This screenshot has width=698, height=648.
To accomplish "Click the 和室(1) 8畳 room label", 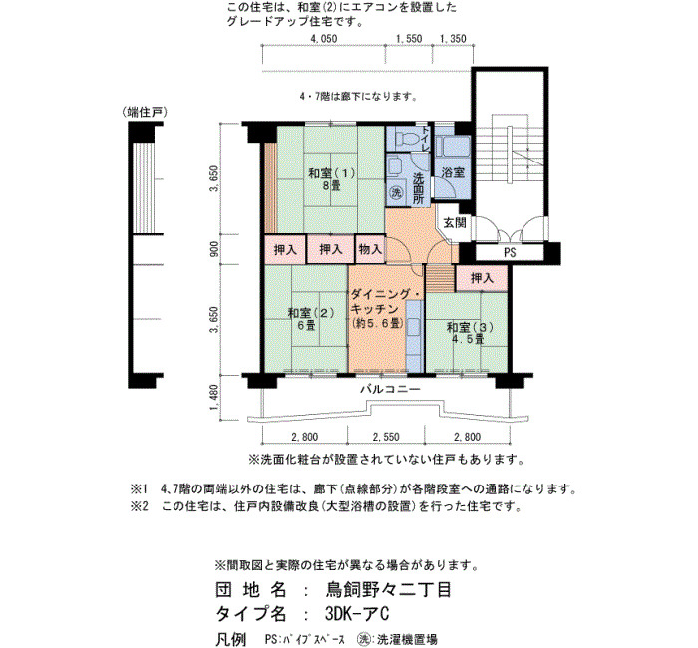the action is (x=332, y=179).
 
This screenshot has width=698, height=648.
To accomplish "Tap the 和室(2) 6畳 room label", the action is (x=311, y=319).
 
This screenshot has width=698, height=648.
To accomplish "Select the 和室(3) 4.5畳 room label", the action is (x=470, y=333).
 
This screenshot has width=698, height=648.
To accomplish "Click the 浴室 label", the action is (x=453, y=172).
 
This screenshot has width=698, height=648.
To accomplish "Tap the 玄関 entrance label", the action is (x=455, y=222).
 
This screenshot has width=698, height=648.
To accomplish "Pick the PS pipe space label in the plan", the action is (x=510, y=253).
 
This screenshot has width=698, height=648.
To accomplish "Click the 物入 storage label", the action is (x=370, y=249).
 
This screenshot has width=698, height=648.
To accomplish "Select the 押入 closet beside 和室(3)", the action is (x=482, y=278).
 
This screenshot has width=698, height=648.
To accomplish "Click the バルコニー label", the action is (x=390, y=390).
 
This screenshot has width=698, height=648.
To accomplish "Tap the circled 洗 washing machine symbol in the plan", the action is (x=396, y=192).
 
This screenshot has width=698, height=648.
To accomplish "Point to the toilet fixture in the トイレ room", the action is (x=404, y=138).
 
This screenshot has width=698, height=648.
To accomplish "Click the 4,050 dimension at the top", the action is (x=324, y=39).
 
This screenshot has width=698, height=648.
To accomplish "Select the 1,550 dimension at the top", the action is (x=409, y=39).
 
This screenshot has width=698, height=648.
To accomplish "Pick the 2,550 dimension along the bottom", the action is (x=386, y=437).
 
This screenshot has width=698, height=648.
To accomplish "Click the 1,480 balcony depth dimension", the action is (x=214, y=399).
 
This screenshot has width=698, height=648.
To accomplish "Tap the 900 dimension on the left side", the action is (x=214, y=249).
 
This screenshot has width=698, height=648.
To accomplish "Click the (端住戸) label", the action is (x=145, y=112).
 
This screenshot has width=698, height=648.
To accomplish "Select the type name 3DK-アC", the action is (x=357, y=614).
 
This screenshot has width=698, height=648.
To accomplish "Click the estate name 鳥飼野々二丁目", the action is (x=388, y=590).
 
